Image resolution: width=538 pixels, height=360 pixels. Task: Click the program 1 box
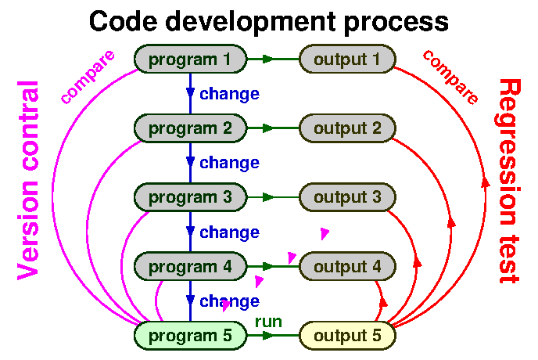pos(190,59)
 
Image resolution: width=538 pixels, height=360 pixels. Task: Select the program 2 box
pos(190,128)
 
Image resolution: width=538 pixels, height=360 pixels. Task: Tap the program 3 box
pos(190,197)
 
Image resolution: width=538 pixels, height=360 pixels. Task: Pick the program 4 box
pos(190,266)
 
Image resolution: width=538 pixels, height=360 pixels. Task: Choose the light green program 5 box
pos(190,336)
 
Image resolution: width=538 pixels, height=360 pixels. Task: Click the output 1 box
pos(347,59)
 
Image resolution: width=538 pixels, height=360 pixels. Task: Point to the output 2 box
pos(347,128)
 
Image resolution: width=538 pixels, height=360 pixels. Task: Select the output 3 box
pos(347,197)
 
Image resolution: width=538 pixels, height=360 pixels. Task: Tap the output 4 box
pos(347,266)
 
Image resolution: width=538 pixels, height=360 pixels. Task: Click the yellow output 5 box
pos(347,336)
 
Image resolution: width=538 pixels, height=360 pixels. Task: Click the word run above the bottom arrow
pos(268,321)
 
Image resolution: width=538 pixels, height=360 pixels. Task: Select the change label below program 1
pos(229,94)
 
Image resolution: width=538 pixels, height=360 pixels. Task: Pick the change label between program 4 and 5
pos(229,301)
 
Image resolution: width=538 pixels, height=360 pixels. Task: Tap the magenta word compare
pos(88,77)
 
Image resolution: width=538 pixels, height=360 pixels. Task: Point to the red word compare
pos(450,77)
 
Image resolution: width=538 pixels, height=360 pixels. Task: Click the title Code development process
pos(269,21)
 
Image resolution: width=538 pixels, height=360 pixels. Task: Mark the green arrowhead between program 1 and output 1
pos(268,59)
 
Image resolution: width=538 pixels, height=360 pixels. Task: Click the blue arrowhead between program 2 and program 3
pos(190,162)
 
